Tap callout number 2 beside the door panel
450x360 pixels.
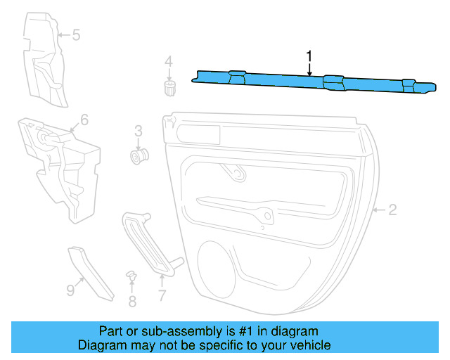click(x=393, y=210)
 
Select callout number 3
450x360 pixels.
click(x=139, y=130)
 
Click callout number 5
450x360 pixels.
click(x=77, y=34)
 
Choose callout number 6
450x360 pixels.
click(x=84, y=120)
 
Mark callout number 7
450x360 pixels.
click(x=162, y=296)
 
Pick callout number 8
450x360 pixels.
click(x=132, y=302)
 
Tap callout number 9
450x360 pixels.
click(x=70, y=289)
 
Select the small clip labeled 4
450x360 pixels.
click(x=169, y=88)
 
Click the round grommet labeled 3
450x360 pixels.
click(x=139, y=154)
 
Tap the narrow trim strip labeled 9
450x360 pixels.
click(x=91, y=273)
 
